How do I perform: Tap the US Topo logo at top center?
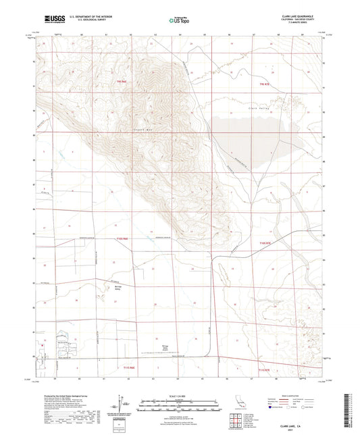click(x=180, y=20)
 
